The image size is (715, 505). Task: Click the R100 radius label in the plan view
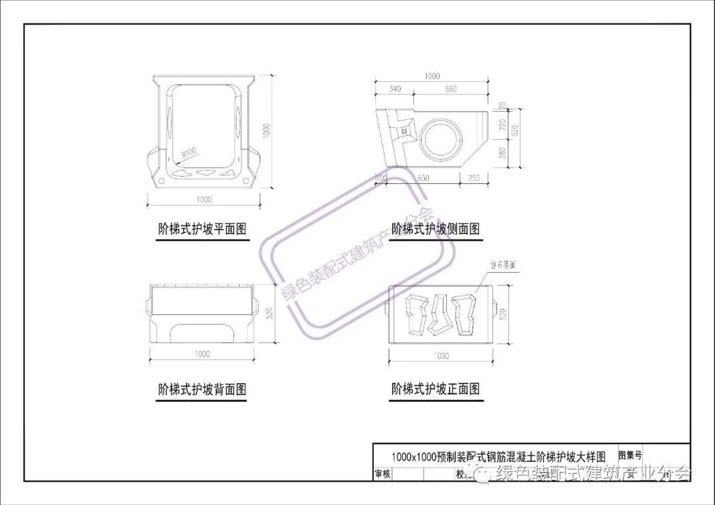[x=189, y=155]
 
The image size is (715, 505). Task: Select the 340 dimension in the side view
[x=395, y=89]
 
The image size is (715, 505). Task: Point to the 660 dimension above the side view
[x=450, y=89]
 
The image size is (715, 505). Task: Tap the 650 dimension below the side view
[x=424, y=178]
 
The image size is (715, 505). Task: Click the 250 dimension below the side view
[x=473, y=178]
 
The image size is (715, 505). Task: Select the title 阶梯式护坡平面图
[x=202, y=229]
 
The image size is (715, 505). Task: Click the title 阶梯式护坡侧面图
[x=436, y=229]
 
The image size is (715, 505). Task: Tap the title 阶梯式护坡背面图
[x=202, y=389]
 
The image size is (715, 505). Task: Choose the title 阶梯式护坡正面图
[x=436, y=389]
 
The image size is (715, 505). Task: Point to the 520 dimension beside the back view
[x=269, y=314]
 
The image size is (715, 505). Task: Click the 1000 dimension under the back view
[x=202, y=354]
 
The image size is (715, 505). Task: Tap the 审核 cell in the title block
[x=383, y=474]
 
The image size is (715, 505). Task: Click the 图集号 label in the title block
[x=630, y=455]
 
